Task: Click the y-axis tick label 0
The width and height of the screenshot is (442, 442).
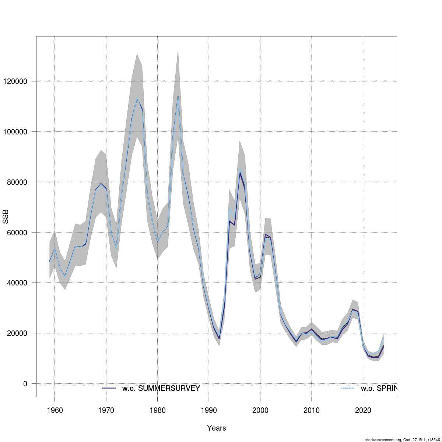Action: pyautogui.click(x=25, y=384)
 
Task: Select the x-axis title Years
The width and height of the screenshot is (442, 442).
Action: pyautogui.click(x=217, y=428)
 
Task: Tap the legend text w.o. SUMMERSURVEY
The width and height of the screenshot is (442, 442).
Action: pyautogui.click(x=161, y=388)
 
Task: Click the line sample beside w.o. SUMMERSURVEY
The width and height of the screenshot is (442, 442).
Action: pyautogui.click(x=109, y=388)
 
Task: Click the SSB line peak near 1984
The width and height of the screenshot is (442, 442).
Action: pyautogui.click(x=178, y=96)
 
